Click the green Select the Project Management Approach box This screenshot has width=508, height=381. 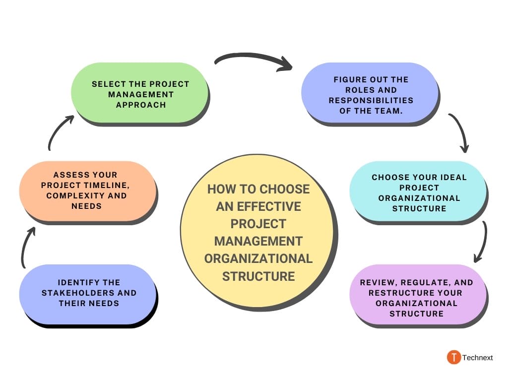point(140,93)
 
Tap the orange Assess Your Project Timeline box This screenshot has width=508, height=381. point(87,191)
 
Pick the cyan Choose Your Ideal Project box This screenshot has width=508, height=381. point(418,192)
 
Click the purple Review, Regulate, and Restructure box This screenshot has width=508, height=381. point(417,297)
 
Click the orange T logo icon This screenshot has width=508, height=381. point(453,357)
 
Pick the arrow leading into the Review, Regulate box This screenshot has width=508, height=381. point(481,242)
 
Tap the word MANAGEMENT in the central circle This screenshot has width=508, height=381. point(258,241)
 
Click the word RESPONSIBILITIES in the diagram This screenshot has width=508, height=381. point(371,101)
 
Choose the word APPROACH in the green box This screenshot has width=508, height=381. point(141,105)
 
